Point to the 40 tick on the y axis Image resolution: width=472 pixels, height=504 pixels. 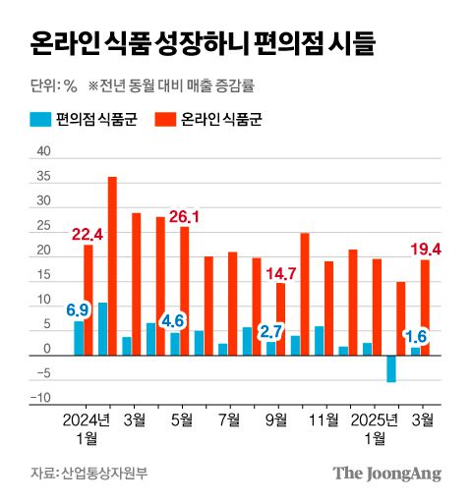42,152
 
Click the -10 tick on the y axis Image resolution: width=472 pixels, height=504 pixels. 40,399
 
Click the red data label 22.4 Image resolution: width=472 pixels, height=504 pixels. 88,233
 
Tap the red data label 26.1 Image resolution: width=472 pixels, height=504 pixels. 184,216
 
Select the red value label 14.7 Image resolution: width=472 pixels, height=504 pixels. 280,272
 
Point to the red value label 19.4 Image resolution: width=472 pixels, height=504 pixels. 425,250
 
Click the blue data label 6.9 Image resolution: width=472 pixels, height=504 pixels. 78,310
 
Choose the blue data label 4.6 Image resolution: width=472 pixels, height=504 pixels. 174,320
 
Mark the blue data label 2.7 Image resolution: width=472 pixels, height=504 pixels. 270,331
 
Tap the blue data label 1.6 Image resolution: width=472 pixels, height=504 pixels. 415,335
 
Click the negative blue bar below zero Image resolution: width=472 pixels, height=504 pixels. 391,368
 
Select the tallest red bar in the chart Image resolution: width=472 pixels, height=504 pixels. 112,265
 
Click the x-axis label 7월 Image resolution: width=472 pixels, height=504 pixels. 228,420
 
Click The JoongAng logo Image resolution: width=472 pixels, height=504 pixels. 385,474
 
